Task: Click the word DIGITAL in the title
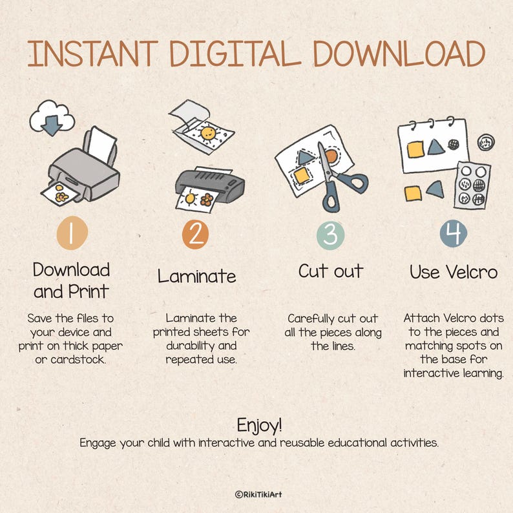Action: pyautogui.click(x=235, y=54)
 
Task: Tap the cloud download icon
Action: pyautogui.click(x=52, y=118)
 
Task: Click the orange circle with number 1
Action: pyautogui.click(x=72, y=233)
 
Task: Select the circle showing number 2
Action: pyautogui.click(x=195, y=235)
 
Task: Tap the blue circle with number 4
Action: pyautogui.click(x=453, y=234)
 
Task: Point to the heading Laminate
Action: pyautogui.click(x=196, y=276)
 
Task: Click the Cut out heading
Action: pyautogui.click(x=331, y=271)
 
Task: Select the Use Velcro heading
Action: pyautogui.click(x=454, y=272)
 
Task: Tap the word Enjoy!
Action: pyautogui.click(x=259, y=425)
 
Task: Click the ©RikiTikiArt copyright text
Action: pyautogui.click(x=258, y=494)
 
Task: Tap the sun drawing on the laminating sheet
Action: pyautogui.click(x=208, y=133)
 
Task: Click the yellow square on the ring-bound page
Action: pyautogui.click(x=415, y=149)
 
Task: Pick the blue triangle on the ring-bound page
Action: pyautogui.click(x=435, y=147)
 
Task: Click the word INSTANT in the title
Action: pyautogui.click(x=93, y=54)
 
